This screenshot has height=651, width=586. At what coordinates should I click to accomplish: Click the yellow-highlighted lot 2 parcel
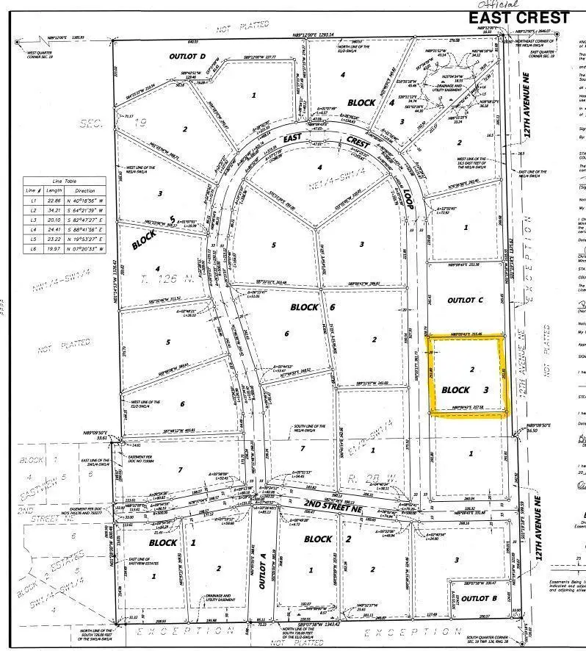466,375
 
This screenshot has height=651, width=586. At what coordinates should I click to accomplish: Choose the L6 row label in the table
32,248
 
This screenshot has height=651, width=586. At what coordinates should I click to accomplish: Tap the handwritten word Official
520,4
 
